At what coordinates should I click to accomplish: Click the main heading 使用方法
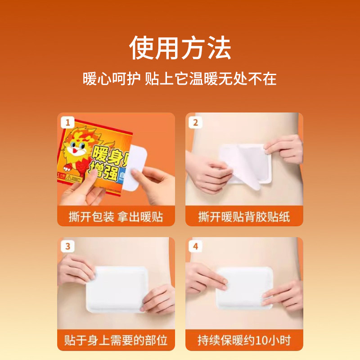click(x=180, y=48)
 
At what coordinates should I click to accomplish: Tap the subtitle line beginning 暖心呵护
click(x=180, y=79)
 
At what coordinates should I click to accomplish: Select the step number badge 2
click(x=195, y=122)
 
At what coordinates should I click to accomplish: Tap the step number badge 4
click(x=195, y=246)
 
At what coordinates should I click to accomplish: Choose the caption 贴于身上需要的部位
click(x=116, y=341)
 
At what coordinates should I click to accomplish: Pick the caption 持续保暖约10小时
click(x=244, y=341)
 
